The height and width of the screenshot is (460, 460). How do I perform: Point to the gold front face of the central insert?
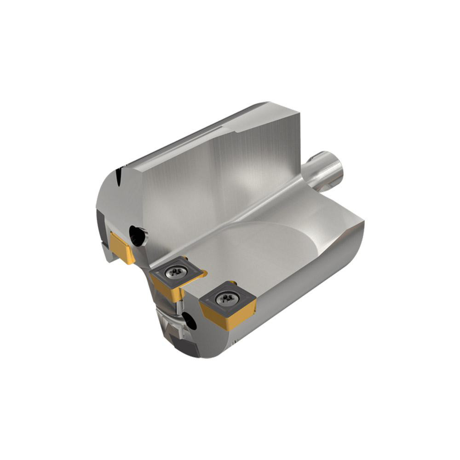pos(166,290)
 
